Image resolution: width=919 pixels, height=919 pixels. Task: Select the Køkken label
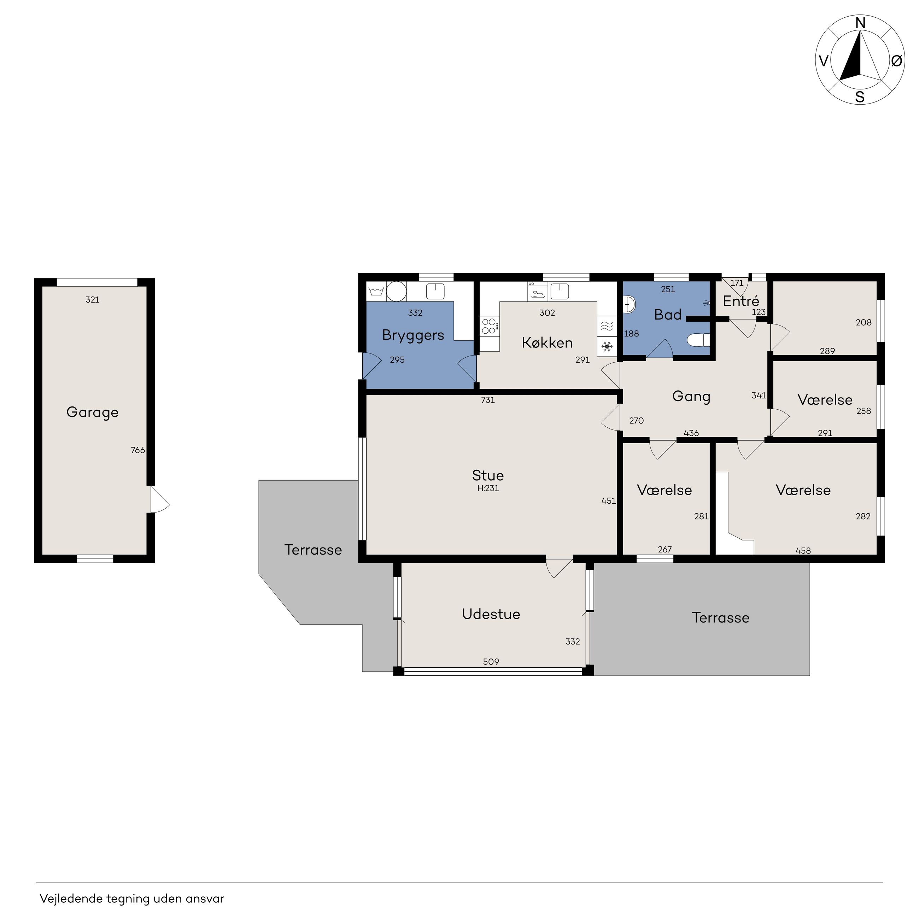[547, 343]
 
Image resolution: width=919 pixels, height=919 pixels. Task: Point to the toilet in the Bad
[698, 340]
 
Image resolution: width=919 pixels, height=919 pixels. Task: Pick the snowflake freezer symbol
[607, 347]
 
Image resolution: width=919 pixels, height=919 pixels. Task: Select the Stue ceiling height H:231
[488, 488]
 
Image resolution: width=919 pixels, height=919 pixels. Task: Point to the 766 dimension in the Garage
[138, 450]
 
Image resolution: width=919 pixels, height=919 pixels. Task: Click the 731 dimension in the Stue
[488, 400]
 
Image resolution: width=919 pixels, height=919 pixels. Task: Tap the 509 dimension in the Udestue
[491, 662]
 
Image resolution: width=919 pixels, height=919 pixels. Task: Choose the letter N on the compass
[860, 23]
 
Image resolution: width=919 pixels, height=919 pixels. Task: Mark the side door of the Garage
[160, 499]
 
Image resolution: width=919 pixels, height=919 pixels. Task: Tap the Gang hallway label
[691, 397]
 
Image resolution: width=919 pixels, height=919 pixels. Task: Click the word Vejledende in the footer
[71, 898]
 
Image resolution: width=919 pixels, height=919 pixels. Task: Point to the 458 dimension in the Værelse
[803, 550]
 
